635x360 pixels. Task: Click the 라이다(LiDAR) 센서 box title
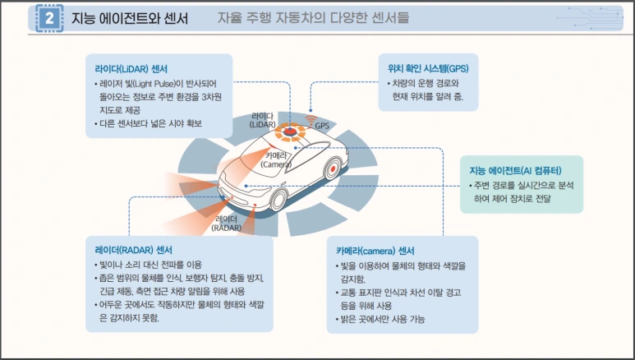(132, 67)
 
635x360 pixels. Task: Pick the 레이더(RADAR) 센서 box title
(133, 249)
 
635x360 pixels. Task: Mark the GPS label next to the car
(322, 126)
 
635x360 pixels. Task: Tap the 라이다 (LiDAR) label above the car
(264, 120)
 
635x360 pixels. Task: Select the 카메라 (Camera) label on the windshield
(277, 159)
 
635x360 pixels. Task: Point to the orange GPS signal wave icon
(311, 120)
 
